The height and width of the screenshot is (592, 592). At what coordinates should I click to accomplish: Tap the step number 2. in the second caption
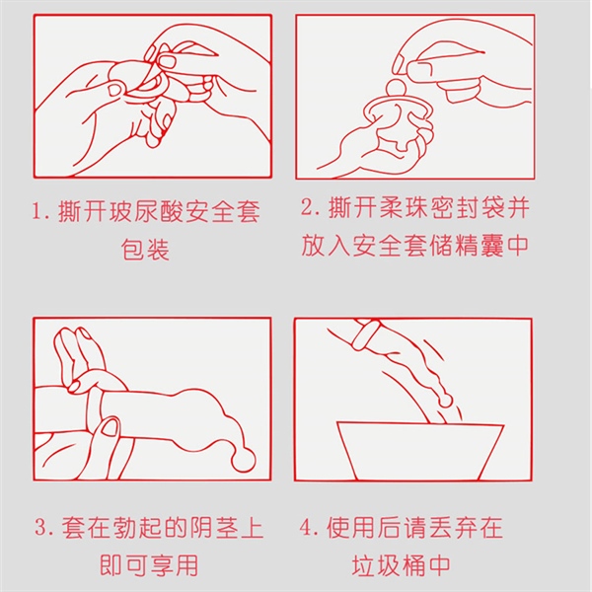[x=311, y=207]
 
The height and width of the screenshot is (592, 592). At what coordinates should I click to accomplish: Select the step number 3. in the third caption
[x=44, y=527]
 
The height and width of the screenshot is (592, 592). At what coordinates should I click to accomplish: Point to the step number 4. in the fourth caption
[x=310, y=528]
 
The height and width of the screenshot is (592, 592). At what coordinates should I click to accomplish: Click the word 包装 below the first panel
[x=145, y=249]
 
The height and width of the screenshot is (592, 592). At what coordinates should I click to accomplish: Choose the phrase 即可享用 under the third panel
[x=149, y=565]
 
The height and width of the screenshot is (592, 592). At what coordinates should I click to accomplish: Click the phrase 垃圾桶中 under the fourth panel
[x=401, y=565]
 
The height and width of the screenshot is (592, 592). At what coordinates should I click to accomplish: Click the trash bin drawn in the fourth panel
[x=420, y=451]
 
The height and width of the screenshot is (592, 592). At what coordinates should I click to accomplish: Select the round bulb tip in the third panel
[x=244, y=460]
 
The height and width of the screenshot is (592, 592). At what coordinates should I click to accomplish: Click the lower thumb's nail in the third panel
[x=111, y=428]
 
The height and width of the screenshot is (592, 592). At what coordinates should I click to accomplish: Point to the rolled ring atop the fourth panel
[x=365, y=333]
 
